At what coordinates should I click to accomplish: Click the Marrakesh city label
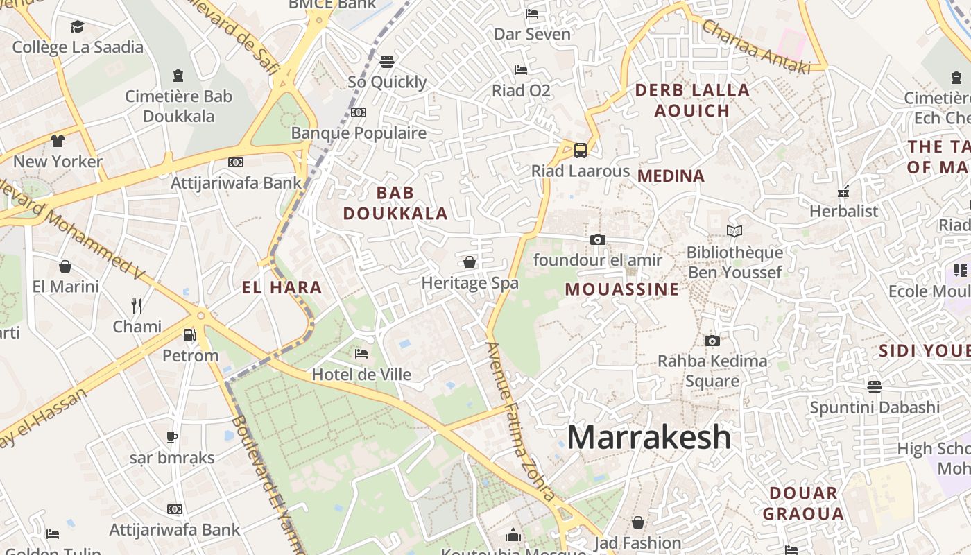(x=648, y=438)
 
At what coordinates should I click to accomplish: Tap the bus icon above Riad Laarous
(x=581, y=150)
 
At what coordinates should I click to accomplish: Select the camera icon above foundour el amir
(x=597, y=240)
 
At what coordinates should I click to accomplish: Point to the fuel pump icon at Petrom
(x=189, y=336)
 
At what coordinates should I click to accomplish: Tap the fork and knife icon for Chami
(x=137, y=305)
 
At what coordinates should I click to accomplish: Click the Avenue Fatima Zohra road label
(x=520, y=421)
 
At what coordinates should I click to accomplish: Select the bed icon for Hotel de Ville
(x=361, y=354)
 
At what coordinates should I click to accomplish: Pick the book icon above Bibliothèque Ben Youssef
(x=734, y=231)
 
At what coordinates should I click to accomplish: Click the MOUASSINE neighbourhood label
(x=622, y=289)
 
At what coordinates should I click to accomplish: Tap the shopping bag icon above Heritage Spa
(x=470, y=262)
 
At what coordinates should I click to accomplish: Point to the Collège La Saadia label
(x=78, y=47)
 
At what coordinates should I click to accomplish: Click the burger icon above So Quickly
(x=387, y=61)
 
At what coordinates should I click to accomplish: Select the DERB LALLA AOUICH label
(x=692, y=100)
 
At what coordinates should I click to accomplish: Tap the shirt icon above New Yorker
(x=58, y=141)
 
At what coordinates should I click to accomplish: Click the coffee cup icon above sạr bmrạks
(x=171, y=437)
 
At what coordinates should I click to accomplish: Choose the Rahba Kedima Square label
(x=712, y=370)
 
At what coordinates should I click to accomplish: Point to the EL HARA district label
(x=282, y=287)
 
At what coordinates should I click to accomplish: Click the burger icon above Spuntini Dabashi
(x=874, y=386)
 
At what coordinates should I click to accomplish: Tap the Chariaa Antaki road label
(x=756, y=46)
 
